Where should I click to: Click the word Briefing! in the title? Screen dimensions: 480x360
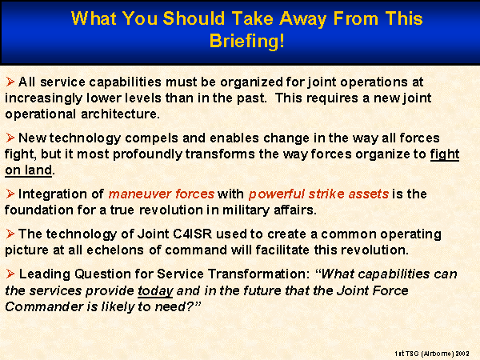246,42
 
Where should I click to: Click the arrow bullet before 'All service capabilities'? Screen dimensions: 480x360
10,82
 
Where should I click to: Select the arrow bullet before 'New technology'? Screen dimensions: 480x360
10,138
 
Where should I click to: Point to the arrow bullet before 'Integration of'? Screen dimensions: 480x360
10,194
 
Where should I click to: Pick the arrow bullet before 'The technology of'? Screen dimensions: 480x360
10,234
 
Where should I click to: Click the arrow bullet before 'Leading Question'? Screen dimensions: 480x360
10,274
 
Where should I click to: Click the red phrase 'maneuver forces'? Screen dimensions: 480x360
162,194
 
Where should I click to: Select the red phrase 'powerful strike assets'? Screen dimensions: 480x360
318,194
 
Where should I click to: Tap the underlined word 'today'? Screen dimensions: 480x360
155,291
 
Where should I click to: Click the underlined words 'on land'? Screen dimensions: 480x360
29,170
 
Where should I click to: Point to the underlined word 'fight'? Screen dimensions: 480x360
445,154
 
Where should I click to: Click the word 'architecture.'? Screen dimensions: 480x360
120,114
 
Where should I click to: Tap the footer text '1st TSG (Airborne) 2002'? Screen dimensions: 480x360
432,354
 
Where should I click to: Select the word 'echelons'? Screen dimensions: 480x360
115,250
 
